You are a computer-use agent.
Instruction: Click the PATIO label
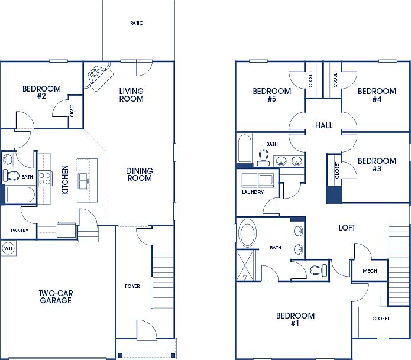click(137, 24)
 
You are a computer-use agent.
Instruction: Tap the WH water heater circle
click(8, 248)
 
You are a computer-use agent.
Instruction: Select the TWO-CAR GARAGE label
click(56, 297)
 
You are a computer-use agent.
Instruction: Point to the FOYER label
click(132, 286)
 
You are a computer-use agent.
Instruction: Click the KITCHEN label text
click(65, 180)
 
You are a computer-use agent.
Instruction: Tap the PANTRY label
click(19, 231)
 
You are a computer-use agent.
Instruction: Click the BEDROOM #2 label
click(41, 92)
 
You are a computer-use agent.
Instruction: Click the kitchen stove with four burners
click(45, 179)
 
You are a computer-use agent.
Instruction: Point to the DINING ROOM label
click(140, 174)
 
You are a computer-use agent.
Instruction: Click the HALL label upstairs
click(323, 126)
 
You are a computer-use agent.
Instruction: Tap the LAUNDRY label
click(253, 192)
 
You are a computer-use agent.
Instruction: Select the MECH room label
click(370, 271)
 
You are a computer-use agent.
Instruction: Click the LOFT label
click(347, 228)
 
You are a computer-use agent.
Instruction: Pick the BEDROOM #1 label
click(296, 320)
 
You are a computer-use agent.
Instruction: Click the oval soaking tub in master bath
click(247, 233)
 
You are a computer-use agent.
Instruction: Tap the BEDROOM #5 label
click(272, 95)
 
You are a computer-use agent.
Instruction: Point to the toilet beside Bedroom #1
click(318, 270)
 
